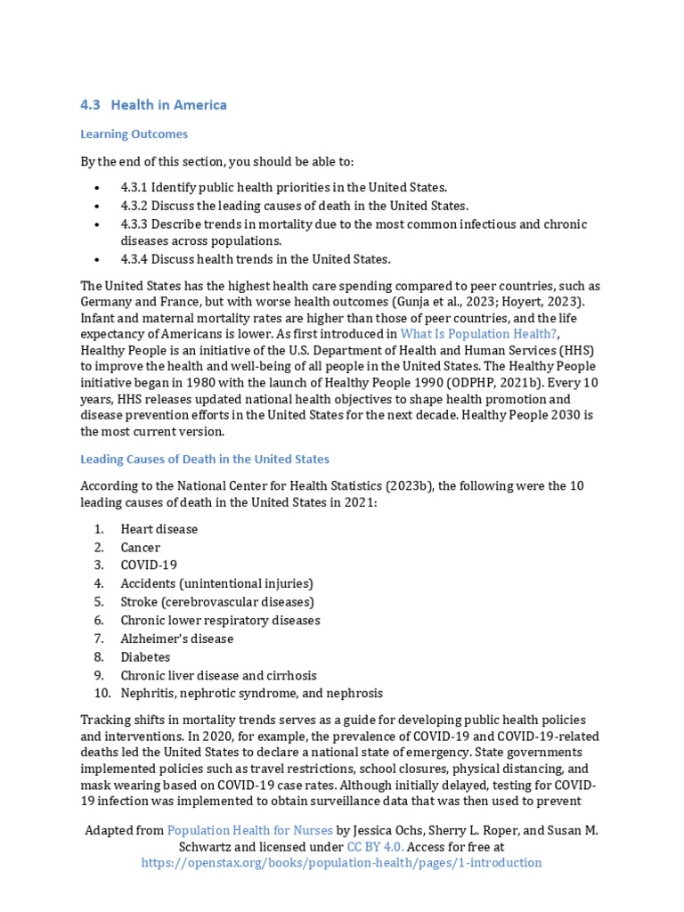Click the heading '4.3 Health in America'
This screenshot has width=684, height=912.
click(153, 105)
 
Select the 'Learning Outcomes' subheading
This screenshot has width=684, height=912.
click(134, 134)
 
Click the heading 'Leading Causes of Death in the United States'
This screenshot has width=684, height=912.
click(205, 460)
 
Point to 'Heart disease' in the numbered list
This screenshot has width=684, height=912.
click(159, 529)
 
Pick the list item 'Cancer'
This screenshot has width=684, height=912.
click(141, 548)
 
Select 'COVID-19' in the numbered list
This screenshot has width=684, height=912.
click(149, 566)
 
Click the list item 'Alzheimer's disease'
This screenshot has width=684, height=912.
click(177, 639)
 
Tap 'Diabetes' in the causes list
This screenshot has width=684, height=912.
click(145, 657)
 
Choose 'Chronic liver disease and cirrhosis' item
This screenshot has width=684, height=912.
click(218, 675)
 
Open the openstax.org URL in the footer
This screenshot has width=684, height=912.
click(341, 863)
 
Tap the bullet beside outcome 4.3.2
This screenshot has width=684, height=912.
click(96, 206)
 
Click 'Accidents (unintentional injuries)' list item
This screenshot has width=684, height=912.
click(216, 584)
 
